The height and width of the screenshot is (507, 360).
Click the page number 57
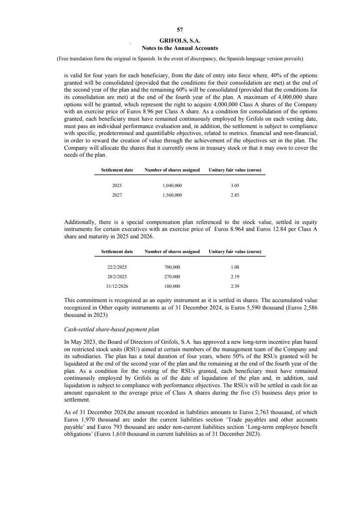click(x=180, y=30)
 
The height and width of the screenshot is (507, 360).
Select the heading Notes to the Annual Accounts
click(x=180, y=48)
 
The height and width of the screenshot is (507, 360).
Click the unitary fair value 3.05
click(x=234, y=185)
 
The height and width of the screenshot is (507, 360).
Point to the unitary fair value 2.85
click(x=234, y=195)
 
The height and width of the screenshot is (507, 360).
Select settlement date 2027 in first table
click(x=117, y=195)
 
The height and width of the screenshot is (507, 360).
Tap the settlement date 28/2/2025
click(x=117, y=277)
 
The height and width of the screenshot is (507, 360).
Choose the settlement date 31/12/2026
click(x=117, y=286)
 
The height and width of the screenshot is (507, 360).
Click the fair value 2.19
click(x=234, y=277)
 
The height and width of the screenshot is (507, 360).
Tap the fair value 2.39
click(x=234, y=286)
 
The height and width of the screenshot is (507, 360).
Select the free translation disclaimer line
click(x=180, y=58)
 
